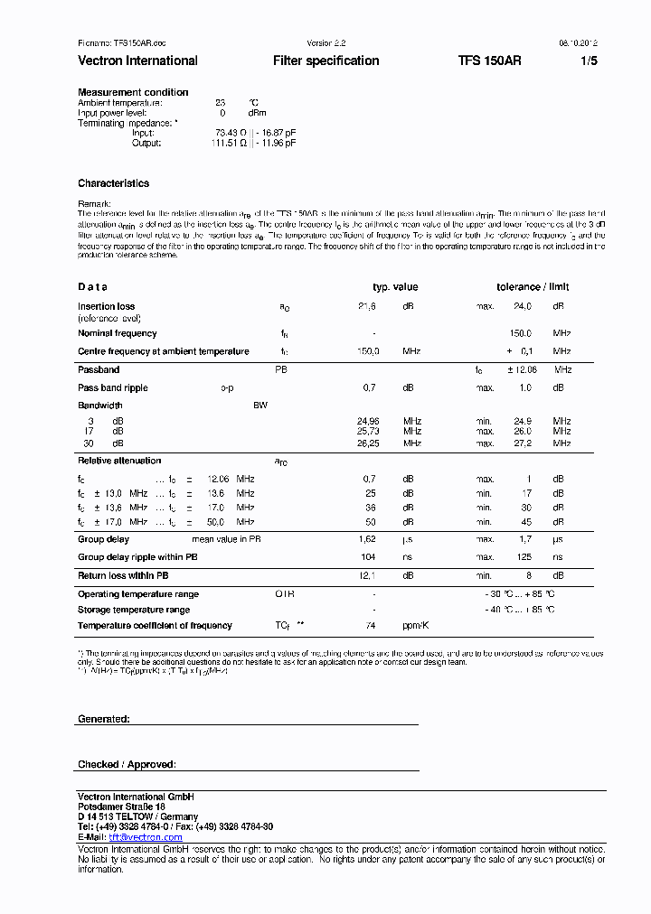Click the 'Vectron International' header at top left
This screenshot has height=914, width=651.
pos(137,61)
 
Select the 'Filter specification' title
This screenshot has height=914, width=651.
pos(325,61)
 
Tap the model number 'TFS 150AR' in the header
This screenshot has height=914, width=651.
pos(489,61)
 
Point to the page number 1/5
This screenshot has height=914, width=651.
pos(589,61)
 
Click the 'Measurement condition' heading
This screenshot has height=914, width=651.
pos(133,92)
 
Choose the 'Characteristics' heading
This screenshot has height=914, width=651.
pos(113,183)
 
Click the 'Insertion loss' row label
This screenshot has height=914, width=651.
pos(106,307)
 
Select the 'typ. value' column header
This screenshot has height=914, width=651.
pos(395,287)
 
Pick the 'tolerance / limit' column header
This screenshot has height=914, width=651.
pos(533,287)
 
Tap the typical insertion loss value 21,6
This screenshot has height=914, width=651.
pos(367,307)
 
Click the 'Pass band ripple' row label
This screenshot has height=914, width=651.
pos(113,387)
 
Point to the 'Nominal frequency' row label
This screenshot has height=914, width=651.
pos(118,333)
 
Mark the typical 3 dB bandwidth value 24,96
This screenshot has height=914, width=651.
pos(368,421)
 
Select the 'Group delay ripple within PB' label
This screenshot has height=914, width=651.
pos(137,557)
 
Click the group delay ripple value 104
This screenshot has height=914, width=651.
pos(368,557)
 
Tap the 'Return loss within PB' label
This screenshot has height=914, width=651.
pos(123,575)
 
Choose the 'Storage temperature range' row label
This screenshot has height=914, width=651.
pos(134,610)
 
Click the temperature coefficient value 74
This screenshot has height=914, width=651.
pos(370,625)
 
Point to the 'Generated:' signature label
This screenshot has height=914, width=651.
pos(104,719)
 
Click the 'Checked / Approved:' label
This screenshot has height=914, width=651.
pos(127,765)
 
